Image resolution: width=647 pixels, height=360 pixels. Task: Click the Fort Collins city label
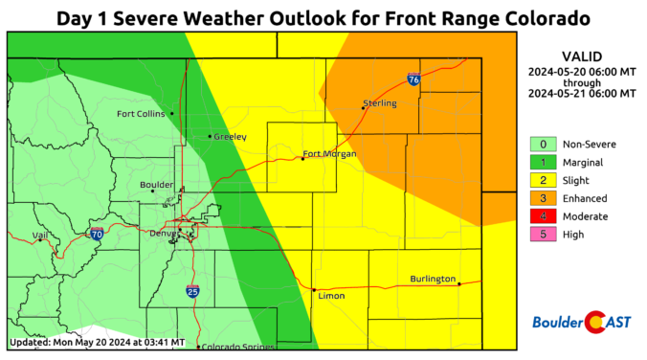(x=141, y=114)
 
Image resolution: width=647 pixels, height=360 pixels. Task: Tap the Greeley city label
(x=231, y=137)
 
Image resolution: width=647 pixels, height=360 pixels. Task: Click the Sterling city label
(x=379, y=102)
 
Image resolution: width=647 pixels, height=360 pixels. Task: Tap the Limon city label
(x=330, y=296)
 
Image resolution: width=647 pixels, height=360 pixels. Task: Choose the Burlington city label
(x=433, y=279)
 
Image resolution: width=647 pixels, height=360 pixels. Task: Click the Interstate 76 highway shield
(x=413, y=79)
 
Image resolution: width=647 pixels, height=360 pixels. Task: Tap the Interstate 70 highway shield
(x=97, y=234)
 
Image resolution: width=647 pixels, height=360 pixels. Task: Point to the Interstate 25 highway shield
(x=192, y=290)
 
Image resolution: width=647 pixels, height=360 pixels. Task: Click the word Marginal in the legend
(x=583, y=162)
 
